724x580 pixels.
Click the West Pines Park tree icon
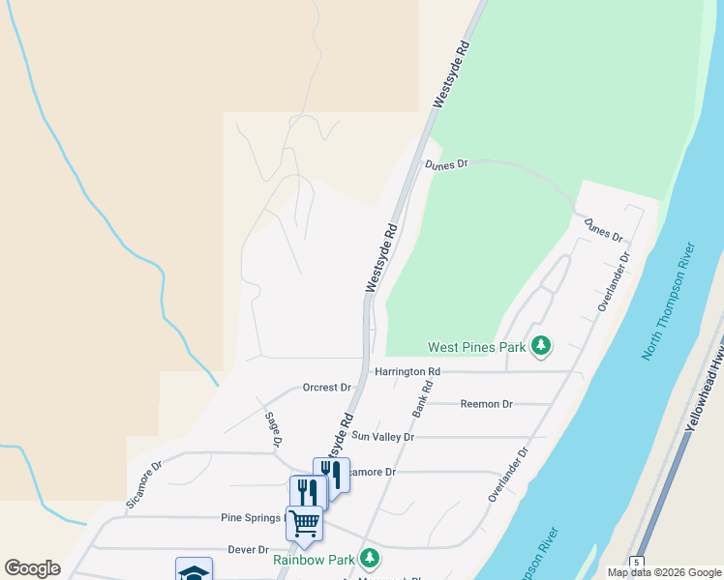pos(541,345)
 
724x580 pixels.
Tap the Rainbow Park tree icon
pos(369,558)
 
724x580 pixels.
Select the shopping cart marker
pos(304,523)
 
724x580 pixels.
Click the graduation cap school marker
pos(194,572)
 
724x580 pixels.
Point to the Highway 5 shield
pos(637,563)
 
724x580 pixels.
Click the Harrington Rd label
pos(407,371)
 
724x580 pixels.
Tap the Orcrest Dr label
pos(326,388)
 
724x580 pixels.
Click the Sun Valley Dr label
pos(382,437)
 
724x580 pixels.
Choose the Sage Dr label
pos(273,428)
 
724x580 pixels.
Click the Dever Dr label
pos(248,549)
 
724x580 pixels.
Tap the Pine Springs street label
pos(250,518)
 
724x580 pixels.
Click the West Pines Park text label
pos(477,347)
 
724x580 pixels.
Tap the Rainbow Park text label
pos(314,559)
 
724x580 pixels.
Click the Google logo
pos(33,568)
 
